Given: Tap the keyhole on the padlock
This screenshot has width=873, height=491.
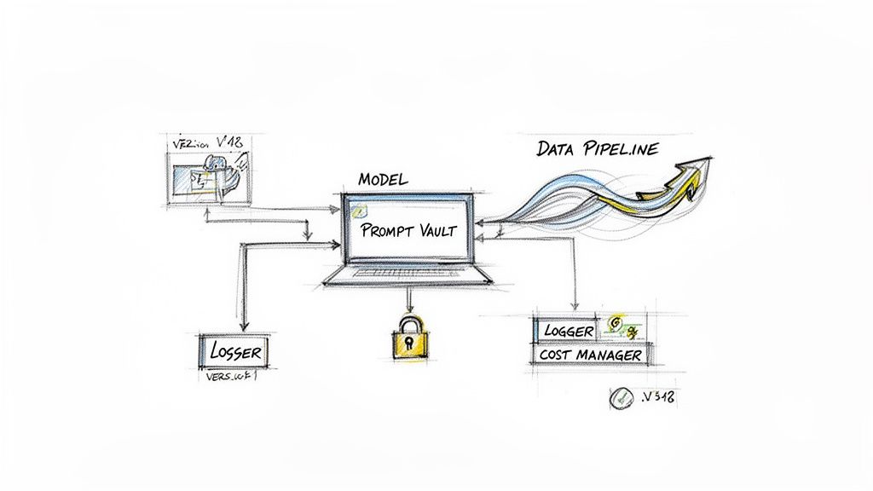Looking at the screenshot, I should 408,343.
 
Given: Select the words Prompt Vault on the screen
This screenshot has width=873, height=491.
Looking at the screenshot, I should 408,229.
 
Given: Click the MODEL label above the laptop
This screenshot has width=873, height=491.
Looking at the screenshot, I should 383,180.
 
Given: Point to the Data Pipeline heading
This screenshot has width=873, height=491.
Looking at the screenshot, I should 597,148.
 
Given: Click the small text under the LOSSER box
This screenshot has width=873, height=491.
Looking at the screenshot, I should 231,376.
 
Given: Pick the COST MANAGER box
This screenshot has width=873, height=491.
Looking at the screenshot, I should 591,354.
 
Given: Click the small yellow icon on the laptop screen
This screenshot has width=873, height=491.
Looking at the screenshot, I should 360,210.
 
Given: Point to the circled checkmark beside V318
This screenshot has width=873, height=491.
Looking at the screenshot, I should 620,397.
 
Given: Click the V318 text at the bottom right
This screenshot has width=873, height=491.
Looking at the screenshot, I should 657,396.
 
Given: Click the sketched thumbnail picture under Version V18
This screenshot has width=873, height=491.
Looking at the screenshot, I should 208,177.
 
